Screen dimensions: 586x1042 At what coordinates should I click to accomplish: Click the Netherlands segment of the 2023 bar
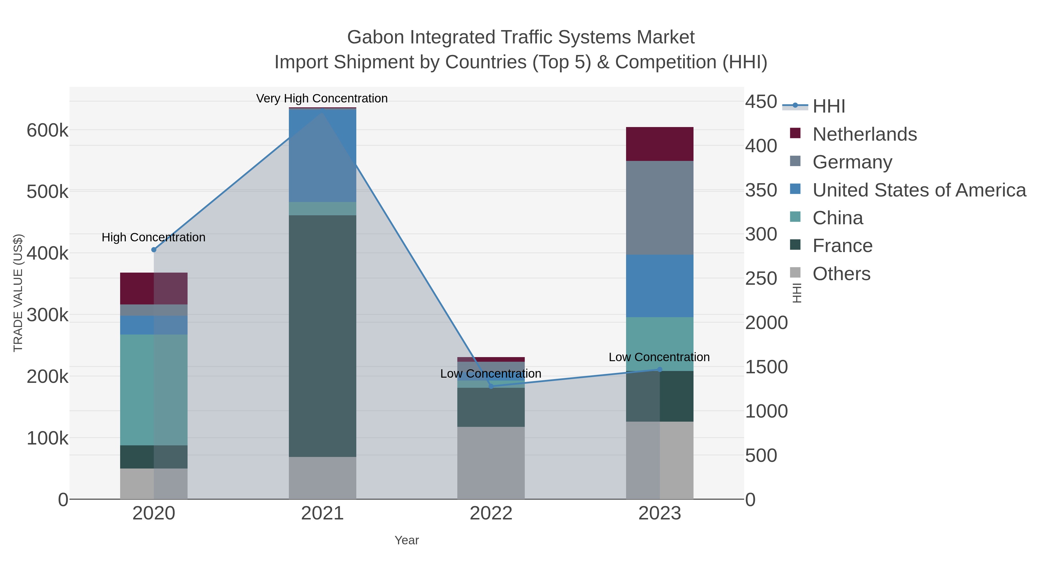[x=659, y=144]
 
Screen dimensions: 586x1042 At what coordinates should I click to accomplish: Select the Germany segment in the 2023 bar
[x=659, y=207]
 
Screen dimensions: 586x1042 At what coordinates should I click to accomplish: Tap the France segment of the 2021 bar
[x=322, y=336]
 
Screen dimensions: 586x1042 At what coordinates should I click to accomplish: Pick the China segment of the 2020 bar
[x=154, y=390]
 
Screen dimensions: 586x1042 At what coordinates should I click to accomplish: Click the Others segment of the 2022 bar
[x=491, y=463]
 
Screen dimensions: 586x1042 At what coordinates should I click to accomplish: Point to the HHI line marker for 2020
[x=154, y=250]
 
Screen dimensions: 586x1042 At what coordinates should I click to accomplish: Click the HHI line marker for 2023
[x=660, y=369]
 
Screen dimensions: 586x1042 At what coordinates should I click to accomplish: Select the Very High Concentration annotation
[x=322, y=98]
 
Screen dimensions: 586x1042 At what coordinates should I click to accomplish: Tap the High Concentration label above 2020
[x=153, y=237]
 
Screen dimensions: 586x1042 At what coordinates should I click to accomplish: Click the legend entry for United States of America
[x=919, y=190]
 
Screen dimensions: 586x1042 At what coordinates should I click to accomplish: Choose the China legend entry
[x=837, y=218]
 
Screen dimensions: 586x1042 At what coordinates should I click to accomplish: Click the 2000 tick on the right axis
[x=766, y=323]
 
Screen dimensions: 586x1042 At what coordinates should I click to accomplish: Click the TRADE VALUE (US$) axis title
[x=18, y=293]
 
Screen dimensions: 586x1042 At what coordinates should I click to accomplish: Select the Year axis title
[x=407, y=540]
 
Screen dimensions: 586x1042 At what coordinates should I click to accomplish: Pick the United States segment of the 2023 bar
[x=659, y=286]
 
